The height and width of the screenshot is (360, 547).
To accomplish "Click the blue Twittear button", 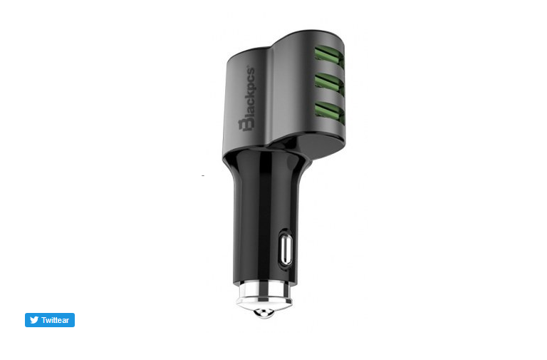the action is pyautogui.click(x=50, y=320).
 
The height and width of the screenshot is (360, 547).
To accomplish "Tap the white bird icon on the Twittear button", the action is pyautogui.click(x=34, y=320).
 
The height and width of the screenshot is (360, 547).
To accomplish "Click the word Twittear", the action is pyautogui.click(x=55, y=320).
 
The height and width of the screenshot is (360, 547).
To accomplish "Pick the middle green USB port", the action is pyautogui.click(x=329, y=84).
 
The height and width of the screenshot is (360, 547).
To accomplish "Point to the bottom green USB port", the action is pyautogui.click(x=329, y=112).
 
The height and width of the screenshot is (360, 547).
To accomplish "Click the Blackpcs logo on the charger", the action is pyautogui.click(x=247, y=98).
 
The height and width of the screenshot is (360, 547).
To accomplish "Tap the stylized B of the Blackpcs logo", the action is pyautogui.click(x=246, y=125).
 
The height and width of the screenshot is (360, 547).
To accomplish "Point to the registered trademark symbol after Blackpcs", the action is pyautogui.click(x=249, y=66).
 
